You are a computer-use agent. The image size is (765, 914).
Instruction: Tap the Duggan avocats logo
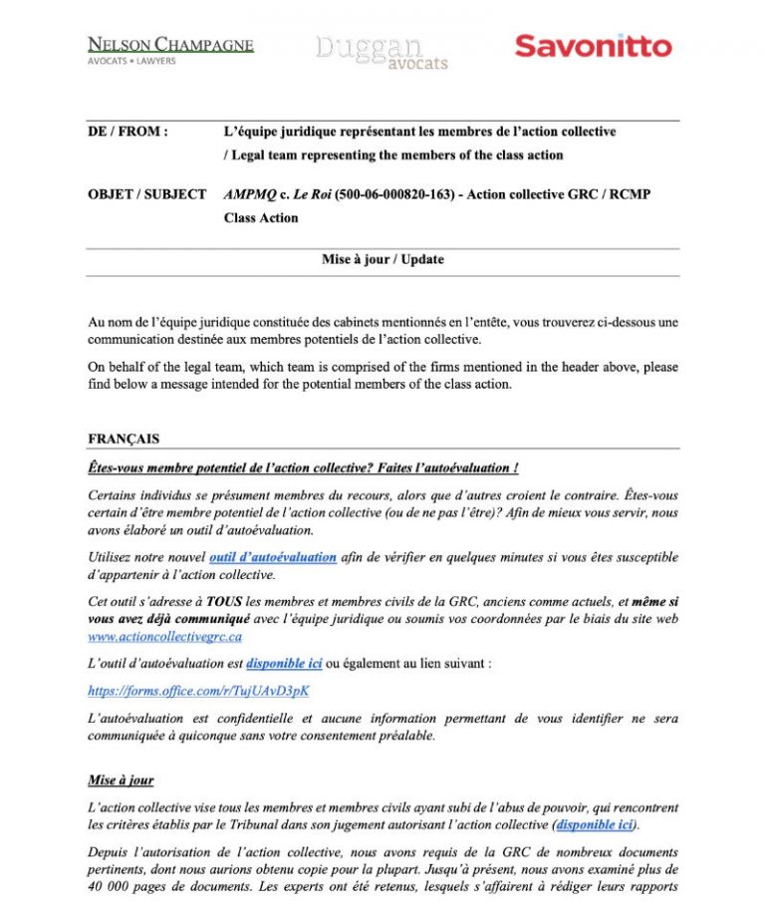point(382,53)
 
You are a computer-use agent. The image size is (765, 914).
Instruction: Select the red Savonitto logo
point(593,46)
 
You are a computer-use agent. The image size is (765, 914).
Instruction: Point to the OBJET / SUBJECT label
point(147,194)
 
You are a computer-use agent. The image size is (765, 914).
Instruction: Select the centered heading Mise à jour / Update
point(382,259)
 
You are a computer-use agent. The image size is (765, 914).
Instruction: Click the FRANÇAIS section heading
point(124,439)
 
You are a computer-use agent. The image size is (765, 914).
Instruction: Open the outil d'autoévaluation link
point(272,557)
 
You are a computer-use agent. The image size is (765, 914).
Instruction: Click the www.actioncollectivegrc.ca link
point(165,636)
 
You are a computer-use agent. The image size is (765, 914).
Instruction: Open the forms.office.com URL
point(199,689)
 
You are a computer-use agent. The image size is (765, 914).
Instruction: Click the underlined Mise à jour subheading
point(121,780)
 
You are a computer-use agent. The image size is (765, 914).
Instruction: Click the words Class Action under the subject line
point(261,218)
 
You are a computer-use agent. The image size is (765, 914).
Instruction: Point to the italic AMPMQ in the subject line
point(250,194)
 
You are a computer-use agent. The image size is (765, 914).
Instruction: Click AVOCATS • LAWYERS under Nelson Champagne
point(132,62)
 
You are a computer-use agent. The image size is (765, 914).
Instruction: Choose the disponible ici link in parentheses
point(595,825)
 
